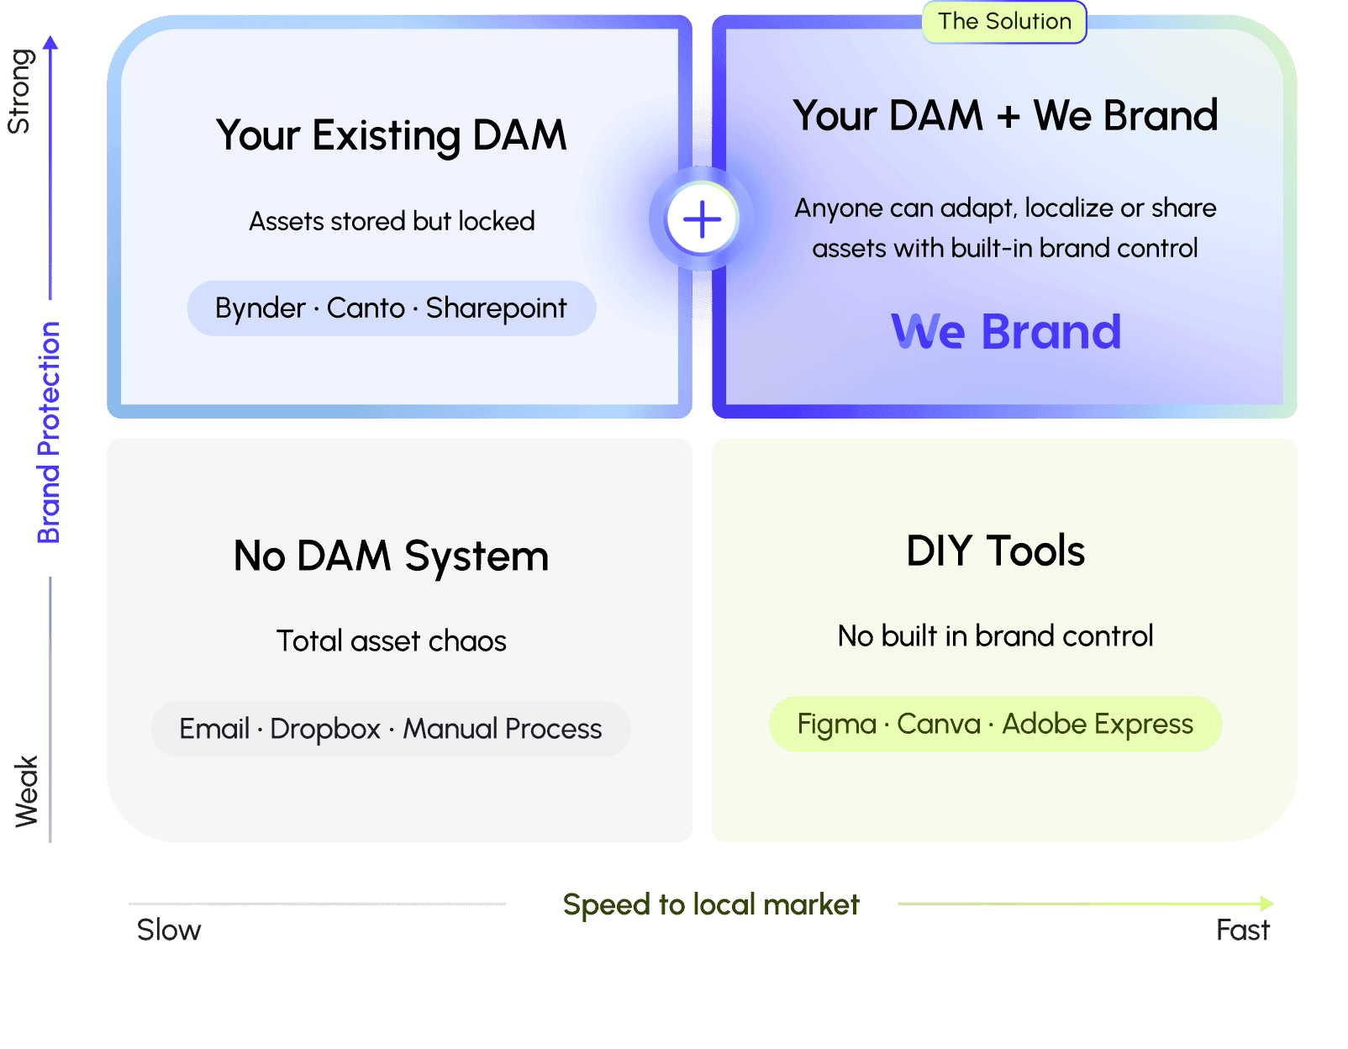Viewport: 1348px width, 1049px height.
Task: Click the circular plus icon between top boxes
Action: (x=702, y=219)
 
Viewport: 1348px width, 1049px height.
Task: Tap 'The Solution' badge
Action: (x=1004, y=22)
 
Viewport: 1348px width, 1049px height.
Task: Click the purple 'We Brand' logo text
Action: (x=1006, y=331)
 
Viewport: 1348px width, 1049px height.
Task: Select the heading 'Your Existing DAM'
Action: (x=392, y=135)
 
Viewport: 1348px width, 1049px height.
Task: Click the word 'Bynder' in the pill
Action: (x=260, y=308)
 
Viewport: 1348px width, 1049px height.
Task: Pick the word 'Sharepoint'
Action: (x=496, y=308)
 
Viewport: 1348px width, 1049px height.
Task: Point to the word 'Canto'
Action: (x=366, y=308)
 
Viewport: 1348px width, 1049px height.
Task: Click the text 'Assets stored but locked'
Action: (x=392, y=221)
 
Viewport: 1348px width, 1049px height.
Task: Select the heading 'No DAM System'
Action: (x=392, y=556)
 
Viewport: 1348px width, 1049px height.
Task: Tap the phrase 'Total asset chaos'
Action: (x=392, y=641)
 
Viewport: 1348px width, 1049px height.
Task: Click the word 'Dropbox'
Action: (x=325, y=729)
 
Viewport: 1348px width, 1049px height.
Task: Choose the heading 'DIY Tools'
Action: (x=996, y=551)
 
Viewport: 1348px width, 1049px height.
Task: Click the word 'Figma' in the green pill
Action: (x=836, y=725)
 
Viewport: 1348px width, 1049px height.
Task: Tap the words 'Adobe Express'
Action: (x=1098, y=725)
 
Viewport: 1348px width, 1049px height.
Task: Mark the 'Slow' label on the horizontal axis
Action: (x=169, y=930)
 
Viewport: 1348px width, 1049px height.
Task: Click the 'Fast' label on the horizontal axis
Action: (x=1243, y=930)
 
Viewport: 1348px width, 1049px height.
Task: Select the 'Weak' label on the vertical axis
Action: (x=26, y=792)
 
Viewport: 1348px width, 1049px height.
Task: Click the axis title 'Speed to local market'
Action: (x=711, y=905)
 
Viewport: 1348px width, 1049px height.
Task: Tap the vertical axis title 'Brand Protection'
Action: (x=49, y=433)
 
